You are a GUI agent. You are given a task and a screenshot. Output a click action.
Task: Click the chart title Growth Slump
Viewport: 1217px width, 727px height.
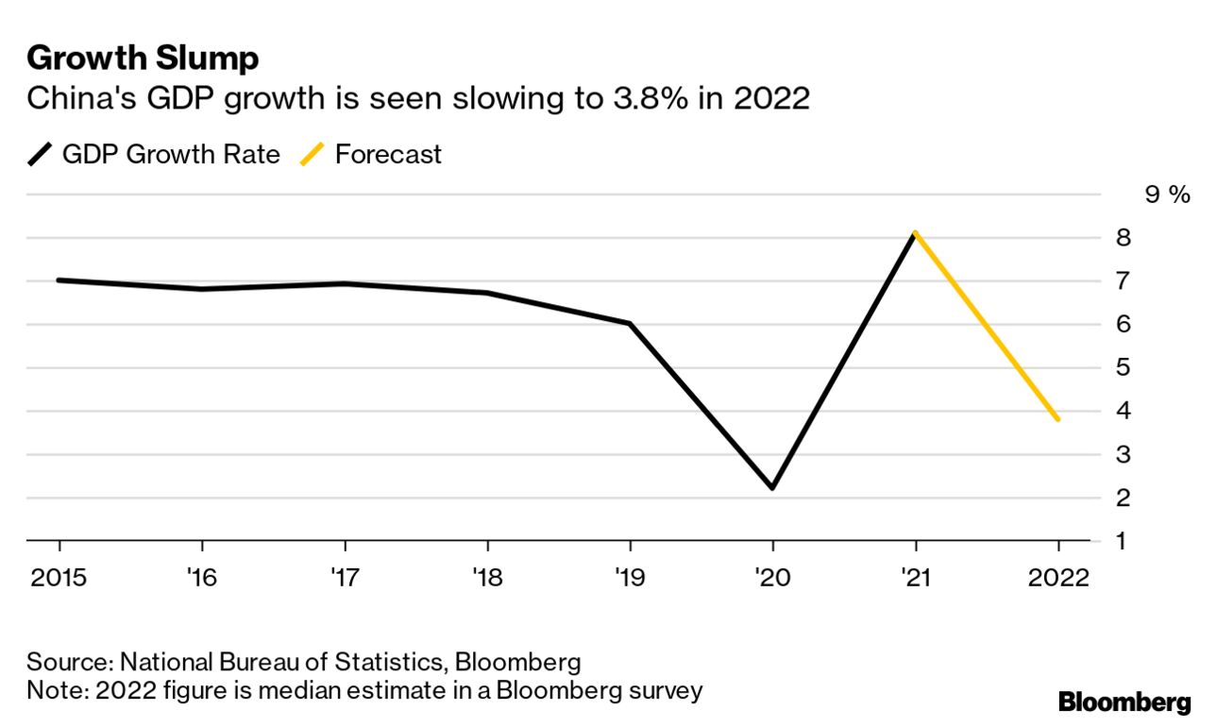143,59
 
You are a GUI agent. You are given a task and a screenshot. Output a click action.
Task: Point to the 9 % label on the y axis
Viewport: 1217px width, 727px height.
1166,194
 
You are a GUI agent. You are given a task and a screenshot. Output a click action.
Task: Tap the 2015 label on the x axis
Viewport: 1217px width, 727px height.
59,577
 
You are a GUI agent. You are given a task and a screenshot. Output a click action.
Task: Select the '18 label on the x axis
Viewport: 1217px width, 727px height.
487,577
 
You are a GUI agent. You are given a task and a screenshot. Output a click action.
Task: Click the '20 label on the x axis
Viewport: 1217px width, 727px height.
772,577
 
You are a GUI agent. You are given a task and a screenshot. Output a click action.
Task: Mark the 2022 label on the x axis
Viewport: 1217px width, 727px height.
1057,577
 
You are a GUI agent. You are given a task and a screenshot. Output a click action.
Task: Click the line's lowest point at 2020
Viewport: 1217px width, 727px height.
772,487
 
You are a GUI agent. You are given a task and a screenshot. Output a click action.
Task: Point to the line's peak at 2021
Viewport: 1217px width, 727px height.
915,233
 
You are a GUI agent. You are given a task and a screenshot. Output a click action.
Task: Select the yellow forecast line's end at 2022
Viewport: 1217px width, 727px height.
1057,419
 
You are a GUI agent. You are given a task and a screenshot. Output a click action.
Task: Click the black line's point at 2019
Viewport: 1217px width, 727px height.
630,324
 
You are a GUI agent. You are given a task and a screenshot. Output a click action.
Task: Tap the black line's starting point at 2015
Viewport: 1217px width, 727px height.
59,280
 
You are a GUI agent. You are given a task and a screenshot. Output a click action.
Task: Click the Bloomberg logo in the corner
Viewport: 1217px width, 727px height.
1124,702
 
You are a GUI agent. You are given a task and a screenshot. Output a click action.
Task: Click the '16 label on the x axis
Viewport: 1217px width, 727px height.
202,577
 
